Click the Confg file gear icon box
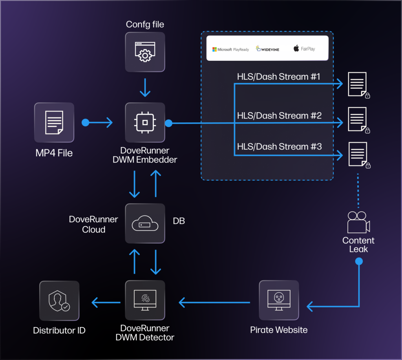coord(145,52)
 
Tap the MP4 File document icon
coord(54,122)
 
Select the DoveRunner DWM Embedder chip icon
coord(145,122)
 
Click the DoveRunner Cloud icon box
coord(145,223)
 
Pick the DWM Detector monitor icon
coord(145,300)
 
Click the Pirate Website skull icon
coord(279,300)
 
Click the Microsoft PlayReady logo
coord(230,49)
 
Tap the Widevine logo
coord(268,49)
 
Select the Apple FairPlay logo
coord(304,49)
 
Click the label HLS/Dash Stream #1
coord(278,77)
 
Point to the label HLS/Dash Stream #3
coord(279,146)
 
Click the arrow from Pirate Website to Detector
coord(214,302)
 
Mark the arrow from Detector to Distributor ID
coord(106,302)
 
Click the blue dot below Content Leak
coord(358,261)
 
